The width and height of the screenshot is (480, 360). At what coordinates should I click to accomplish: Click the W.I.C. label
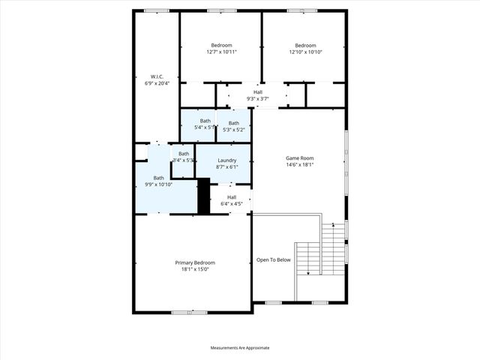click(157, 76)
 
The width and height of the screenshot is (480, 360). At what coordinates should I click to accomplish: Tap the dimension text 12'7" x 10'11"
click(222, 52)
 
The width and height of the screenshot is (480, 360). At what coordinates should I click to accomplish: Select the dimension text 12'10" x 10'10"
click(305, 52)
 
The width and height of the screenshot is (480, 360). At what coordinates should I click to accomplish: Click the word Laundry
click(227, 160)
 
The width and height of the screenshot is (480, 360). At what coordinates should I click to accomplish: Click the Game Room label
click(299, 158)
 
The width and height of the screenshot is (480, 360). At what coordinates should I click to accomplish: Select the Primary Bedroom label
click(195, 262)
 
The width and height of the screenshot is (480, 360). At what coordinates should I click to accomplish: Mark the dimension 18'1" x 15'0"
click(195, 269)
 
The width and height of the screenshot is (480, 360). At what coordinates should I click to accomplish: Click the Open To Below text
click(273, 260)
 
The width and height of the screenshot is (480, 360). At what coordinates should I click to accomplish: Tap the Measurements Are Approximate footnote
click(239, 348)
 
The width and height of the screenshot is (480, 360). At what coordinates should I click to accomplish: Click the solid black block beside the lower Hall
click(202, 196)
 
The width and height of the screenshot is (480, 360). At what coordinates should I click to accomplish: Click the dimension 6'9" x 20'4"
click(157, 83)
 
